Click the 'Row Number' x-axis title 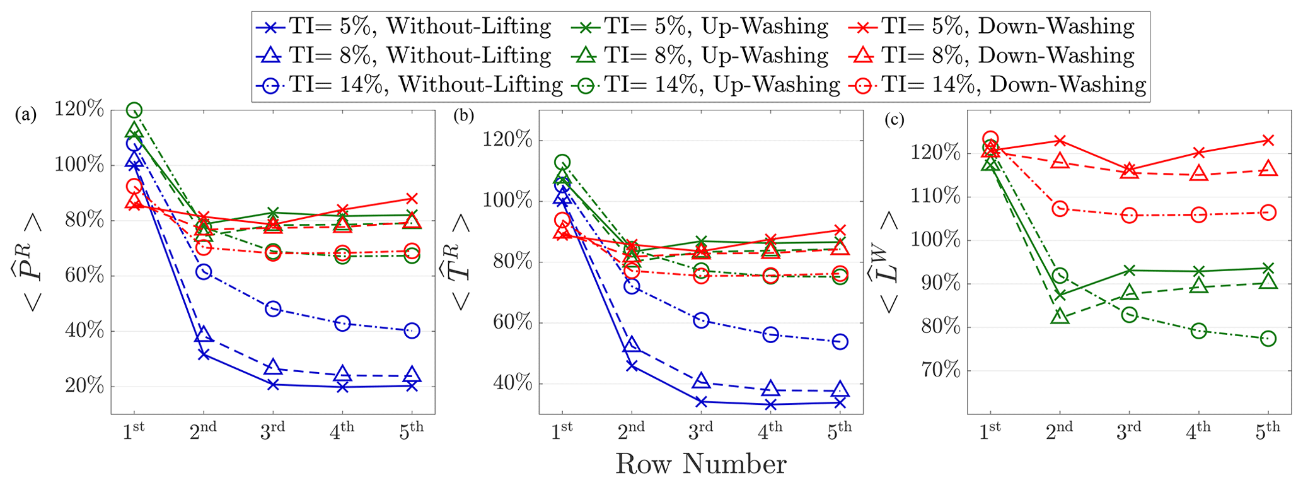[x=700, y=464]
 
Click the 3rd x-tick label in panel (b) [x=700, y=429]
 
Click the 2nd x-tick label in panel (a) [x=203, y=429]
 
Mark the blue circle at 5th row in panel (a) [x=412, y=330]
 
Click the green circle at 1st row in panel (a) [x=134, y=110]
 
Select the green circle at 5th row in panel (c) [x=1268, y=339]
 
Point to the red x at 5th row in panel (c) [x=1268, y=140]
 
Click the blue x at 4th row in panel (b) [x=770, y=404]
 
